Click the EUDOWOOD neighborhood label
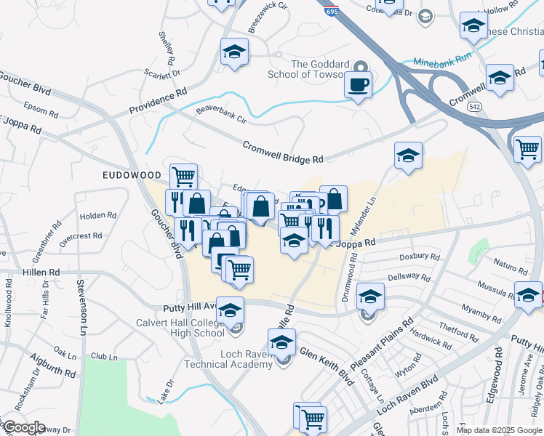tap(131, 175)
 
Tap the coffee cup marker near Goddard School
tap(358, 85)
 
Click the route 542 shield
tap(474, 106)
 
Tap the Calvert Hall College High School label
tap(180, 328)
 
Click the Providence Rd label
tap(158, 102)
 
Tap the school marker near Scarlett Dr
tap(235, 52)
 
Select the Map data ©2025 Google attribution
tap(499, 430)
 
